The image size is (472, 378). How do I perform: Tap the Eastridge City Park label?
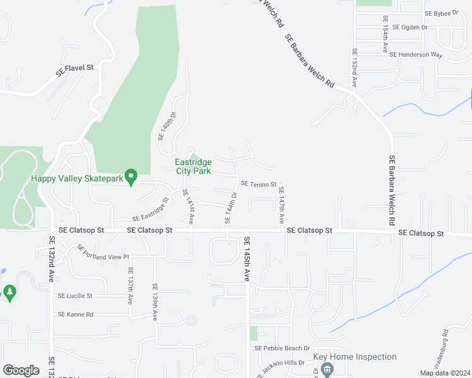click(x=193, y=166)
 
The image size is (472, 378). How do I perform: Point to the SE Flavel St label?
click(x=74, y=70)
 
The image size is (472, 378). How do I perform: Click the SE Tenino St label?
click(x=259, y=184)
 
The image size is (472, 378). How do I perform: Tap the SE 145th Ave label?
click(x=247, y=259)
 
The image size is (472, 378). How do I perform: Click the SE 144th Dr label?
click(x=230, y=209)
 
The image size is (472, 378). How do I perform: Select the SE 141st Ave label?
click(x=188, y=205)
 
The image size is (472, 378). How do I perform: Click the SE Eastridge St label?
click(x=151, y=209)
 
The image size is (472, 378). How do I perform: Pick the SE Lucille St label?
click(x=75, y=295)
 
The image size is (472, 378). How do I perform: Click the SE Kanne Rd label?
click(x=76, y=314)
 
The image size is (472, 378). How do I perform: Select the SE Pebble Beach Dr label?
click(x=282, y=348)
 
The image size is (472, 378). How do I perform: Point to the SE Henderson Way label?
click(x=416, y=55)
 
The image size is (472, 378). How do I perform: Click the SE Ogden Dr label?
click(x=410, y=27)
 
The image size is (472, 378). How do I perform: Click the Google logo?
click(x=21, y=370)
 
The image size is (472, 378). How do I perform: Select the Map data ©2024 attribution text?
click(x=444, y=373)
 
